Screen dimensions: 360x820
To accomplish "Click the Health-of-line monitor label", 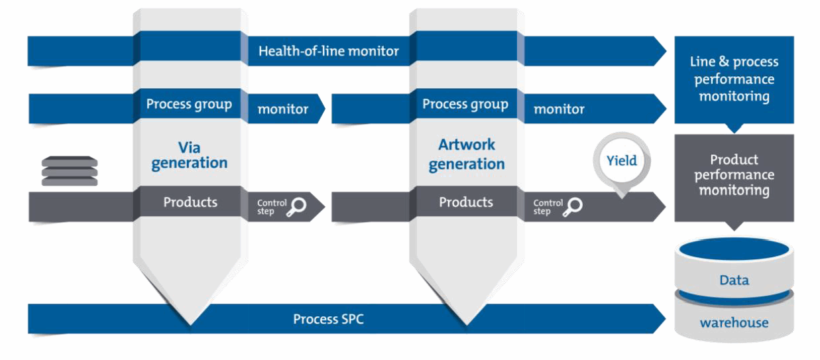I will [x=329, y=51].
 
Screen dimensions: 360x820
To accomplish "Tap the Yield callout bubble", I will [x=622, y=161].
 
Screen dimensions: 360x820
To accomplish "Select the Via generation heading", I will [x=189, y=154].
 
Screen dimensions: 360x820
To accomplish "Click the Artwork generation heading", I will [x=466, y=154].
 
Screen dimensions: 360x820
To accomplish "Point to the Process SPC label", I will [x=328, y=320].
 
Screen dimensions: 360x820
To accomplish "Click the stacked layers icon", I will [x=70, y=171].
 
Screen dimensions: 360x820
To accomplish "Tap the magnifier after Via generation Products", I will [x=297, y=206].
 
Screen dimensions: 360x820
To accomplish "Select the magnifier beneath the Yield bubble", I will [x=573, y=206].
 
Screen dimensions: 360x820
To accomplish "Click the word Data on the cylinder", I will [x=734, y=280].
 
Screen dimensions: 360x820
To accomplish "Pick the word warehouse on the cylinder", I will [x=734, y=324].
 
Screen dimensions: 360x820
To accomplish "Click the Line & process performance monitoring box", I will [x=734, y=79].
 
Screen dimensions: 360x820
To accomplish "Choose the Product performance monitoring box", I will [x=734, y=175].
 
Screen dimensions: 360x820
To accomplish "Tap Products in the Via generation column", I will [x=190, y=202].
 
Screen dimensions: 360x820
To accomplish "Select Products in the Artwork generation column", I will [x=466, y=202].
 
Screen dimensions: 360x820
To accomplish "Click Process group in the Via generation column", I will [x=189, y=104].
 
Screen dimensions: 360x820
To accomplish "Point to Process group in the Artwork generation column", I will [x=465, y=104].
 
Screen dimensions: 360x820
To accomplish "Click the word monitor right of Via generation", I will [x=283, y=109].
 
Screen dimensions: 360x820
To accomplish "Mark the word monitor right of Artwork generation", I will [x=559, y=109].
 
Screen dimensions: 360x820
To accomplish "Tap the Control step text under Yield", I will [x=548, y=207].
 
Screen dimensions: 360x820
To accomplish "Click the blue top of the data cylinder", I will [x=734, y=250].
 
